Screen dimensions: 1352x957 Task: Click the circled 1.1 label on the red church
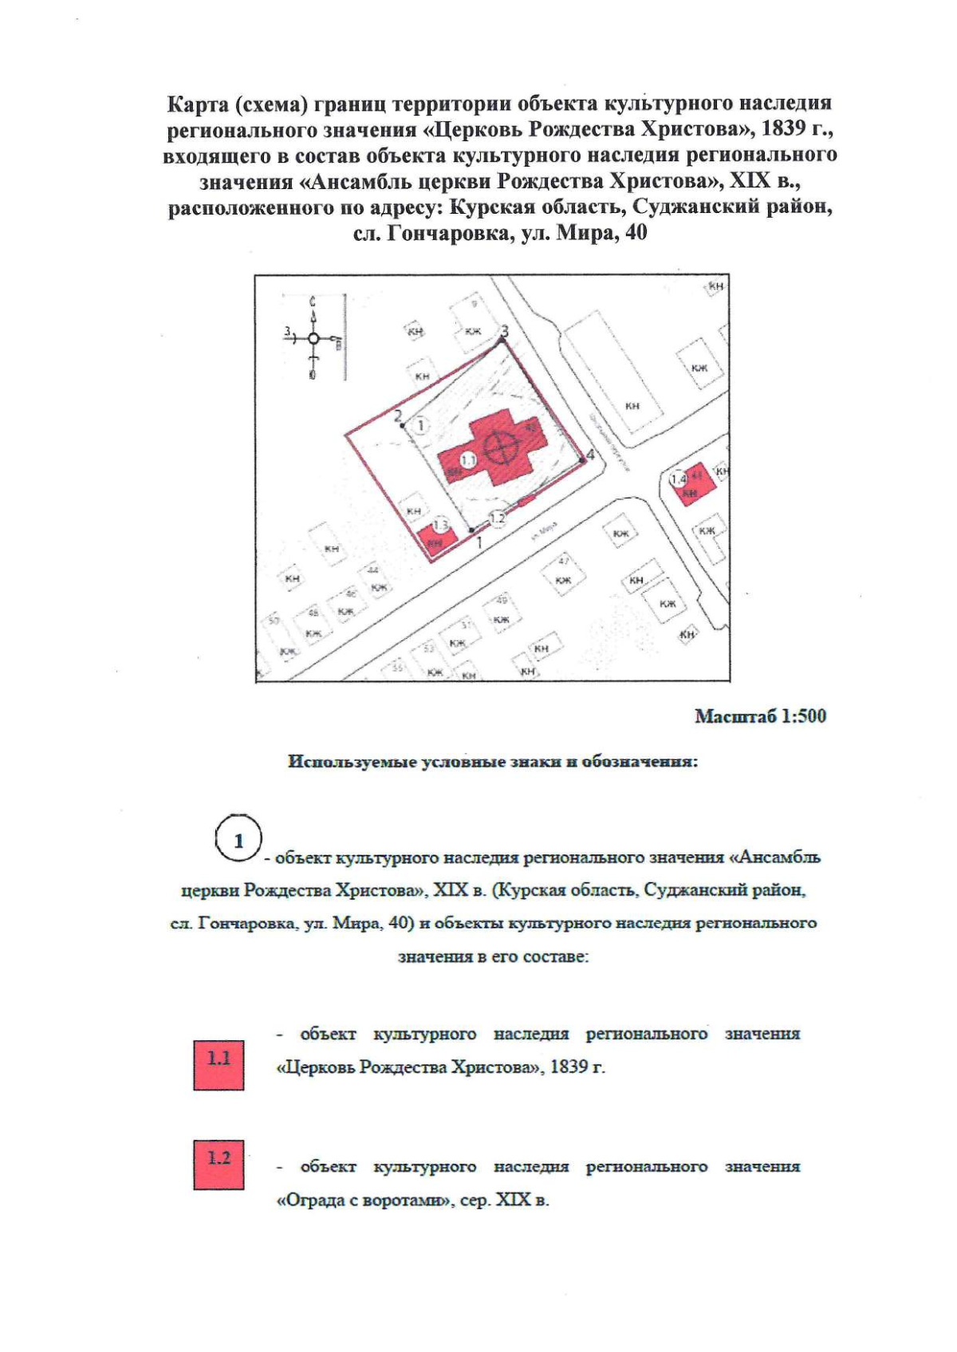tap(468, 460)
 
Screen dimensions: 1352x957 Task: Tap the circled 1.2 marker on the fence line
tap(497, 518)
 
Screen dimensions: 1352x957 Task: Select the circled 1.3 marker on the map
tap(441, 525)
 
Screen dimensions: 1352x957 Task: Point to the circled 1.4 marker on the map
tap(679, 479)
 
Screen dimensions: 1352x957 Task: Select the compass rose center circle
tap(313, 339)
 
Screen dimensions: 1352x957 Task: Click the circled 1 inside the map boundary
tap(420, 426)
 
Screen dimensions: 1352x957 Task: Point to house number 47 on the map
tap(564, 559)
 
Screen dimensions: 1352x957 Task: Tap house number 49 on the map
tap(502, 600)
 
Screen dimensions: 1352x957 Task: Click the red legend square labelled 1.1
tap(219, 1065)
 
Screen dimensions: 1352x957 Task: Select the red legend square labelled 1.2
tap(219, 1165)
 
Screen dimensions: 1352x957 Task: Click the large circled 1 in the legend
tap(238, 840)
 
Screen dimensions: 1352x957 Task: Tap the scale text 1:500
tap(803, 715)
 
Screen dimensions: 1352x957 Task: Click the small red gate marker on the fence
tap(524, 501)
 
